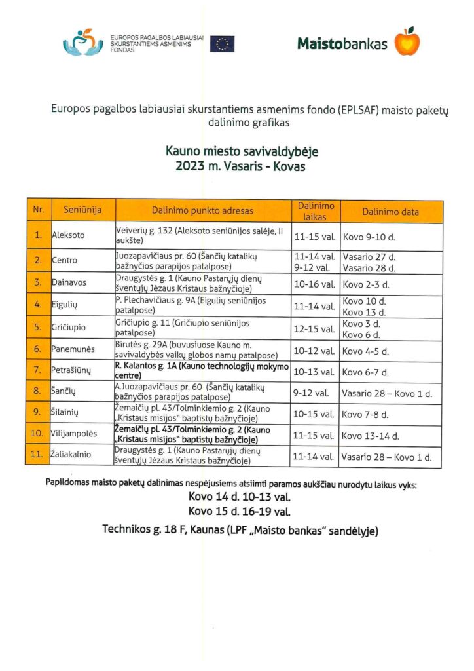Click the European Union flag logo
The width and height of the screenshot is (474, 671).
[x=223, y=44]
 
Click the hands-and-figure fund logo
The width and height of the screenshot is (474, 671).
[x=82, y=43]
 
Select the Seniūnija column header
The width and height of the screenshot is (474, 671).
[x=82, y=211]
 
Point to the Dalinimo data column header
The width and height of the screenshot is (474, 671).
[x=390, y=211]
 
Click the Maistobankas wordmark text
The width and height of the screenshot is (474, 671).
[x=342, y=44]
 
